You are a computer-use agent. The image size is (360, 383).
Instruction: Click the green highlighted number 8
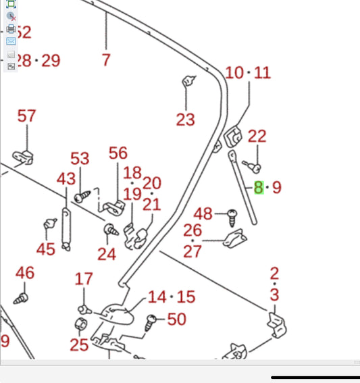[x=259, y=188]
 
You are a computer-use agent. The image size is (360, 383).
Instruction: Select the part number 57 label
[x=26, y=116]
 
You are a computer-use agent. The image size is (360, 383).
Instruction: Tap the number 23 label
[x=186, y=120]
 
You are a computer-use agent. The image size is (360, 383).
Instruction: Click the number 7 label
[x=106, y=60]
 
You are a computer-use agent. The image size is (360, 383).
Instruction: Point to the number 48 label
[x=203, y=214]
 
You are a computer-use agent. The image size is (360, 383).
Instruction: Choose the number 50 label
[x=177, y=320]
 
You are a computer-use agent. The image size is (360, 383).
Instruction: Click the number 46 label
[x=25, y=273]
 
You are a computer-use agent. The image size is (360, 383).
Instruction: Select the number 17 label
[x=84, y=279]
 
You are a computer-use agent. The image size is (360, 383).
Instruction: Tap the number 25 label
[x=79, y=345]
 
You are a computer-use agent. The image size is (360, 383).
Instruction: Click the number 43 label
[x=66, y=179]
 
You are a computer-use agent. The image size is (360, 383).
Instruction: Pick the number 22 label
[x=257, y=136]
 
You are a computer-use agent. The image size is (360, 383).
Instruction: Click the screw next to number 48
[x=232, y=218]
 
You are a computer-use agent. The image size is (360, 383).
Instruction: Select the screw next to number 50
[x=151, y=323]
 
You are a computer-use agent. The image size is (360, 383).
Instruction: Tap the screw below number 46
[x=21, y=299]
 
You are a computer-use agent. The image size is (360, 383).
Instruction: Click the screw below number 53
[x=82, y=197]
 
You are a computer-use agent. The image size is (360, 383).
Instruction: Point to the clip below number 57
[x=23, y=157]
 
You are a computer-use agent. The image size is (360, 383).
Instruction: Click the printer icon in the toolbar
[x=11, y=29]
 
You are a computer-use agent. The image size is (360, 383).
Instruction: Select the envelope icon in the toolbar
[x=11, y=41]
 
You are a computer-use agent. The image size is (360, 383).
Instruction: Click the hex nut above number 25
[x=81, y=324]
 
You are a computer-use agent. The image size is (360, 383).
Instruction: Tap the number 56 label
[x=118, y=153]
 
